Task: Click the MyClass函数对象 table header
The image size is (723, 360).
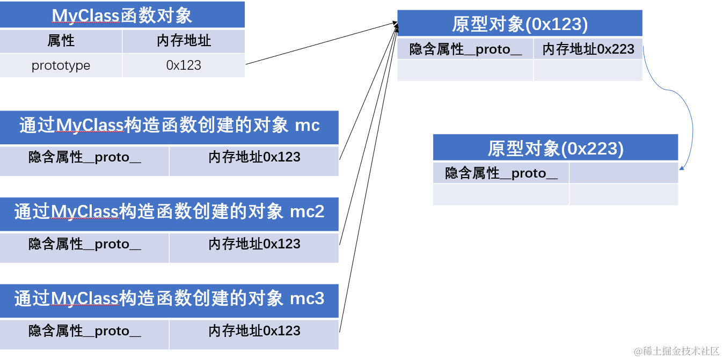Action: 122,16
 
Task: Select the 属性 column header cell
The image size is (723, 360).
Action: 61,41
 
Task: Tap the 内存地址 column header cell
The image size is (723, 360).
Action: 184,41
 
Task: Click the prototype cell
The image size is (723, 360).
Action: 61,65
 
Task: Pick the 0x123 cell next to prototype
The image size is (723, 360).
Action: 184,65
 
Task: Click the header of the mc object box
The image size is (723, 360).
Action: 169,126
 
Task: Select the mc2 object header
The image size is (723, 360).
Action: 169,212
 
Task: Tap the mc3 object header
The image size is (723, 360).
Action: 169,298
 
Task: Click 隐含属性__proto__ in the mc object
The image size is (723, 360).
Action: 85,158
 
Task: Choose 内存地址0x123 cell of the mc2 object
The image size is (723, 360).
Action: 254,245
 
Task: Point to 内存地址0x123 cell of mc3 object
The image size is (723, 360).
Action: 254,331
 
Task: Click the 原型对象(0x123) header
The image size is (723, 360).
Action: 520,24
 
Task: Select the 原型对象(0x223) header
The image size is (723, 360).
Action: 556,148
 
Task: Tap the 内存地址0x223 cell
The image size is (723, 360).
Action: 588,49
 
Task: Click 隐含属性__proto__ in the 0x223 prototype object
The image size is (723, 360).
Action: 501,173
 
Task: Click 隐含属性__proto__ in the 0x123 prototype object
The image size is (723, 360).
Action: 465,49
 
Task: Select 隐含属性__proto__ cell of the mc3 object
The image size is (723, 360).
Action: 85,331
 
